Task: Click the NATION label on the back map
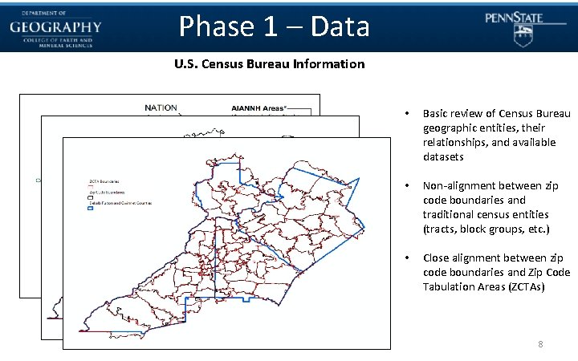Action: click(161, 107)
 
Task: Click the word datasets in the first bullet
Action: click(443, 156)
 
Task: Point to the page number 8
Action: click(540, 345)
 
